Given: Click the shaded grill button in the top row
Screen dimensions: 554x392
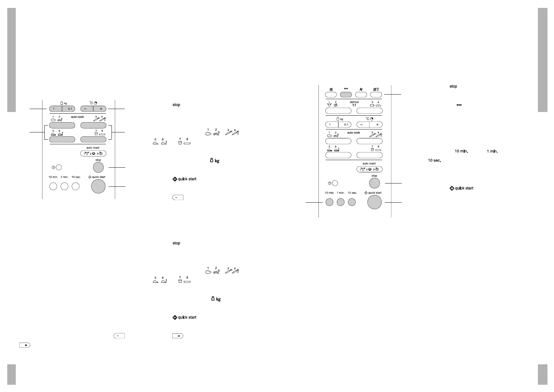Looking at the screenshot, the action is (346, 95).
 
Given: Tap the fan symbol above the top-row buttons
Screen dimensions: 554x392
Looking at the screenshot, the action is (361, 89).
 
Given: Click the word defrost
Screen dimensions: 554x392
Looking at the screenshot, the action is (354, 102).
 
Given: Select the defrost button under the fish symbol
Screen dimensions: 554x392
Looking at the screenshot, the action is (369, 111).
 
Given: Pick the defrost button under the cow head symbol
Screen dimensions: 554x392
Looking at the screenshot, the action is (338, 111).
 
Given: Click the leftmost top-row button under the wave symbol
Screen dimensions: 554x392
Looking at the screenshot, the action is (331, 95).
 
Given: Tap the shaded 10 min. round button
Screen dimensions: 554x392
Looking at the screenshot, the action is (329, 202).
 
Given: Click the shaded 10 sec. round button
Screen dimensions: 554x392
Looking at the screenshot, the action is (352, 202).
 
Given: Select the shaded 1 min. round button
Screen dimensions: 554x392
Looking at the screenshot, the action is (340, 202).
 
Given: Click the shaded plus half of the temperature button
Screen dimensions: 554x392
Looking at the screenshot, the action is (100, 109).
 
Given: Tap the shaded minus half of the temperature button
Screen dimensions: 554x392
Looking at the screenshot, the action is (87, 109).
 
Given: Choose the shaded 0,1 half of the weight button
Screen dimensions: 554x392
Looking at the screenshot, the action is (68, 109).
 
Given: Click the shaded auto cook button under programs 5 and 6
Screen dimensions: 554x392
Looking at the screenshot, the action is (62, 139).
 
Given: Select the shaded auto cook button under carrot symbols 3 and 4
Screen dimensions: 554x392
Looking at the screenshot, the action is (93, 125).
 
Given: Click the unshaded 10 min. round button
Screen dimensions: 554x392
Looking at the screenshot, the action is (53, 186).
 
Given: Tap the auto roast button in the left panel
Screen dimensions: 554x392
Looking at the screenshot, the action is (93, 154).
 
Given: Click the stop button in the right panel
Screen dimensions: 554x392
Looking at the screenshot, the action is (374, 183).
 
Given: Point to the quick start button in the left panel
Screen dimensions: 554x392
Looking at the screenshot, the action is (98, 186).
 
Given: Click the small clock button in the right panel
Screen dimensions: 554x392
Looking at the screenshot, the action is (335, 183).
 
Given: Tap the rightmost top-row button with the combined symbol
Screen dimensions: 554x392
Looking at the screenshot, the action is (376, 95).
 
